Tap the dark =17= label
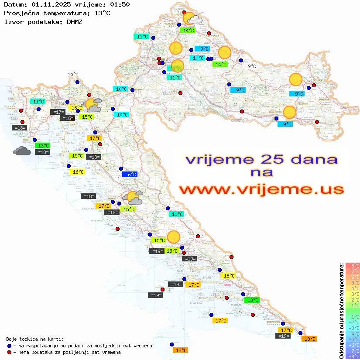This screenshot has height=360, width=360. pos(58,112)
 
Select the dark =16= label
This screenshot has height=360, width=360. pos(67,118)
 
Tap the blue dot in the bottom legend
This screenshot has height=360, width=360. pos(9,346)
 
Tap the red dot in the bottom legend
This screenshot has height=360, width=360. pos(9,352)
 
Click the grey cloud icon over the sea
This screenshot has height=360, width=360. pos(22,151)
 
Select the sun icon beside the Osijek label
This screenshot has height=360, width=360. pos(296,80)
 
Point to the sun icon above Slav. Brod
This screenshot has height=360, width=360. pos(289,112)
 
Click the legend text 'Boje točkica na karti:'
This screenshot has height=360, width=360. pos(35,339)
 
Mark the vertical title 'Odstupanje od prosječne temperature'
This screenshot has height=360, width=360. pos(341,311)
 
